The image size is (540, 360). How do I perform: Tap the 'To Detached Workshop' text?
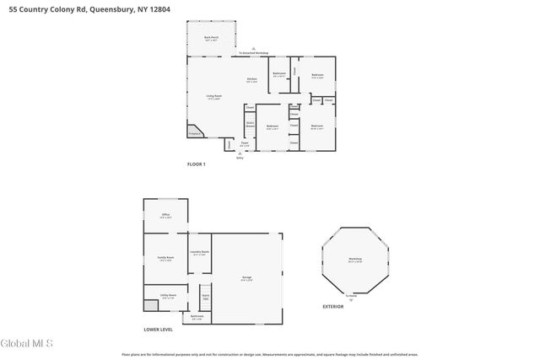[253, 53]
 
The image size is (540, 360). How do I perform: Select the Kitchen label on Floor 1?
[251, 80]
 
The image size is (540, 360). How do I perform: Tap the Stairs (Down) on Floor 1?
[250, 125]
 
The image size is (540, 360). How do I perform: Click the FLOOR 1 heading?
[196, 163]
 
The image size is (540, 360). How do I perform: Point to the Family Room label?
[166, 258]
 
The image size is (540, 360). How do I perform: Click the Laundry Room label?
[199, 253]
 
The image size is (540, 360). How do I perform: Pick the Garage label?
[247, 277]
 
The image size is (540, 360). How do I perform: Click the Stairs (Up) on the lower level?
[204, 298]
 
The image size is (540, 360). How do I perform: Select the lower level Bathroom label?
[197, 317]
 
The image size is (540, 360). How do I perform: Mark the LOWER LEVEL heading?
[158, 330]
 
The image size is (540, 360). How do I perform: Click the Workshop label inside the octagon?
[355, 260]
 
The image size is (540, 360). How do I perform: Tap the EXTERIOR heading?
[333, 306]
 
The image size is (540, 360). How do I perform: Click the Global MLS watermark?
[26, 343]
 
